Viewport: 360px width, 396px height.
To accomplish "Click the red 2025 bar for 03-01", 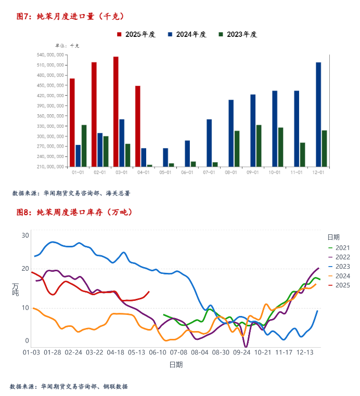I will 115,112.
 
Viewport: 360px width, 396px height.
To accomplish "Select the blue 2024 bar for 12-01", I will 318,114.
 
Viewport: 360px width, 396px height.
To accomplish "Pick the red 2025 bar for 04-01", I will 138,126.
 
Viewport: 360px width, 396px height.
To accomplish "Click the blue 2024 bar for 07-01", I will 209,143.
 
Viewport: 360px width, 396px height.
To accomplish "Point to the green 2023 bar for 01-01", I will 84,146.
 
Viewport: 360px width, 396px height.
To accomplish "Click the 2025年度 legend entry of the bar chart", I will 136,34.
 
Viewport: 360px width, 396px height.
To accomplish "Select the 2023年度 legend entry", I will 238,34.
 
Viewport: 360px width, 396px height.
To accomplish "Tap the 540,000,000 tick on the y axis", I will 51,55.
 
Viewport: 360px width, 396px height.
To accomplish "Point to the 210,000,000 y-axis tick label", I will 51,167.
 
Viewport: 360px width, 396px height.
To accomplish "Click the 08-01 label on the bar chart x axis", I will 231,173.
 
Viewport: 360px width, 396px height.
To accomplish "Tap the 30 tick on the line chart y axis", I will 25,235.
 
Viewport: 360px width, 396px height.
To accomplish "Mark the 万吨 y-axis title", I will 16,289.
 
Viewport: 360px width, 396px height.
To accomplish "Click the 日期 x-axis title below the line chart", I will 176,365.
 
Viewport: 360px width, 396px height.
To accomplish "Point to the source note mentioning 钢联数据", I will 69,387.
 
